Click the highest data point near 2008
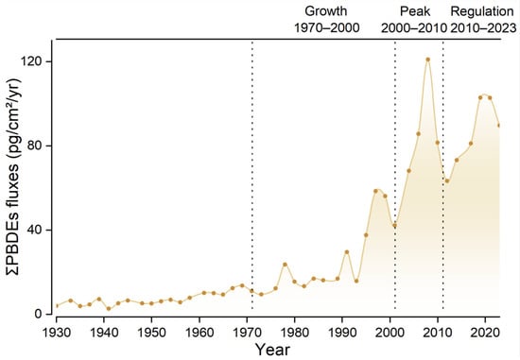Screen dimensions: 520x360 (428, 60)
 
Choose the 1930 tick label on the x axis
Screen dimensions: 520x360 (57, 333)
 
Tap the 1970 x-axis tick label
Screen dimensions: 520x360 (247, 333)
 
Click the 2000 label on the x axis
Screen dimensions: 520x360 (390, 333)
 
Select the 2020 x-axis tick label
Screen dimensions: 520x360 (485, 333)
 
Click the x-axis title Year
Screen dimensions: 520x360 (273, 350)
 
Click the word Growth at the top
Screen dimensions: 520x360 (325, 11)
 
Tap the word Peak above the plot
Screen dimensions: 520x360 (415, 11)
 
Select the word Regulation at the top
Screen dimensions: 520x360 (482, 11)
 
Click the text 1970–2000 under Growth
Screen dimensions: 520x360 (327, 27)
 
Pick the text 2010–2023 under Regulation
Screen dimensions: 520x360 (483, 27)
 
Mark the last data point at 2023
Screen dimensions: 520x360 (498, 125)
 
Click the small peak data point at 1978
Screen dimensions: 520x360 (285, 265)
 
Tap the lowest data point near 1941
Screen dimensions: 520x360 (109, 309)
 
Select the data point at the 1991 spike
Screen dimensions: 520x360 (347, 252)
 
